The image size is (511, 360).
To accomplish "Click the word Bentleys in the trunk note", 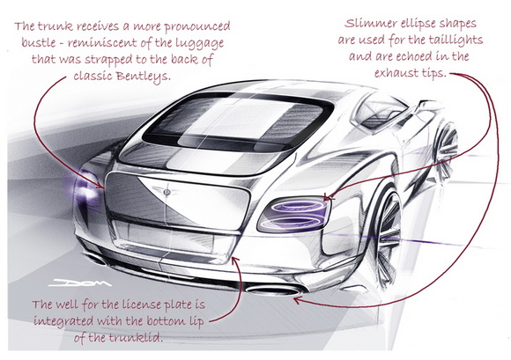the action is point(144,77).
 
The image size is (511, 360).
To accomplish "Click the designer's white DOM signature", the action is point(80,283).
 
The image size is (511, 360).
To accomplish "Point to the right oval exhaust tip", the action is point(273,290).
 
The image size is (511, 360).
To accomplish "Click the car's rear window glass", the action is point(236,120).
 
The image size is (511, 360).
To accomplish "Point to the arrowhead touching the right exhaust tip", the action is point(297,300).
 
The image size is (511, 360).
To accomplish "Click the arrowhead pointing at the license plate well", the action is point(236,260).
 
